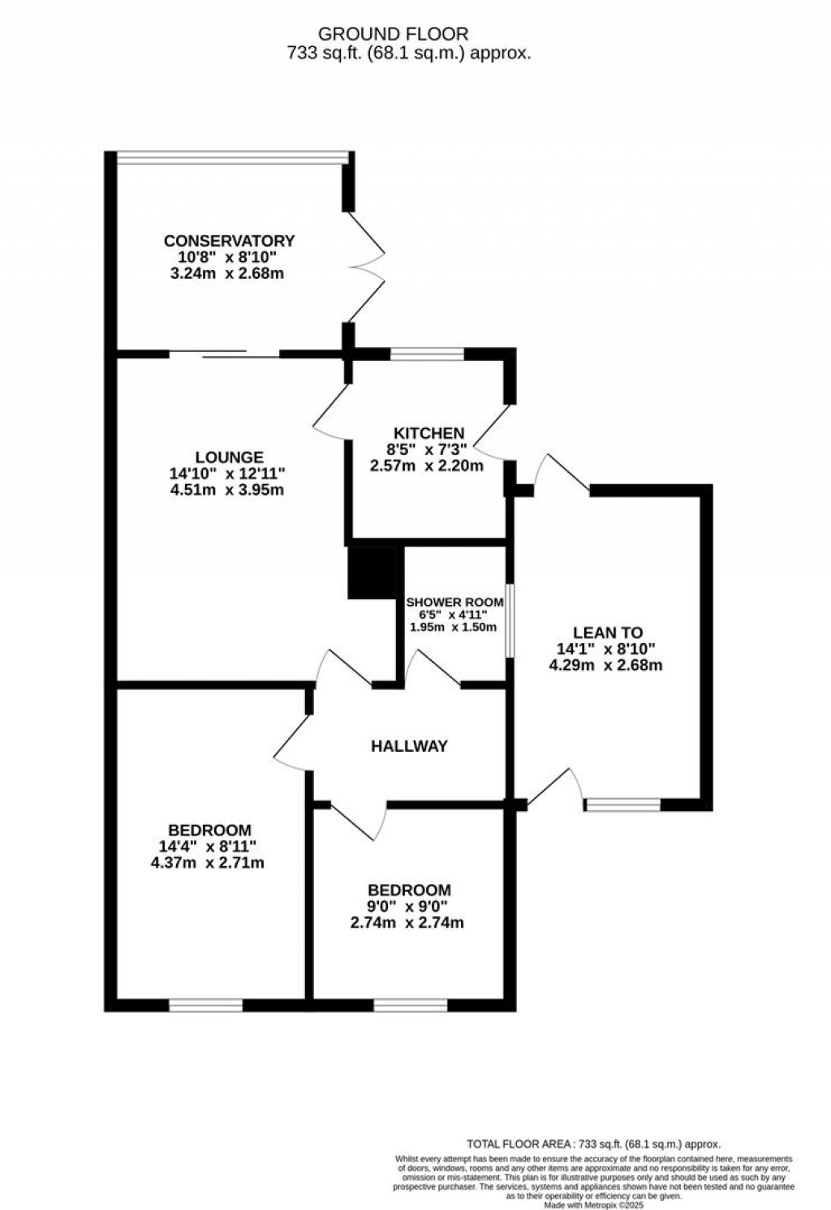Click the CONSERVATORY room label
229,241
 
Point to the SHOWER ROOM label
454,603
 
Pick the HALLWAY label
409,746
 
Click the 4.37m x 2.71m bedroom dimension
208,863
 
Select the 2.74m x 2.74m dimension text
407,923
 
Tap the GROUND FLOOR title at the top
393,34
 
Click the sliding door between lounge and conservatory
224,354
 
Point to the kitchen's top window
427,354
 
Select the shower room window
510,620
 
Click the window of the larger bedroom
206,1006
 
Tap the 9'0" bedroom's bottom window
411,1006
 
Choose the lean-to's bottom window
623,805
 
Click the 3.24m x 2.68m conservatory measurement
227,273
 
